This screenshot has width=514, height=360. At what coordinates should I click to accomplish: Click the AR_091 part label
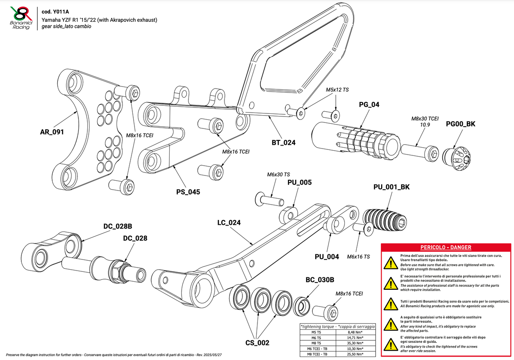click(x=51, y=132)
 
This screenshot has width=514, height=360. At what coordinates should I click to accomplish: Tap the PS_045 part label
click(x=188, y=192)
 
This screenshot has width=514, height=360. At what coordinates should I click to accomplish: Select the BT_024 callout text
click(x=284, y=143)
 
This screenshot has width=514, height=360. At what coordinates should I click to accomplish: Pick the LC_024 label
click(x=229, y=223)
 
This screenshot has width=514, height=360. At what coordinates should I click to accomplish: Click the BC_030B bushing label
click(x=320, y=280)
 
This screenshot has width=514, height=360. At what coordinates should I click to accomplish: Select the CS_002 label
click(x=257, y=343)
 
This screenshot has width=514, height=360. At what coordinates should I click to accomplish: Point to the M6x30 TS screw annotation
click(x=278, y=175)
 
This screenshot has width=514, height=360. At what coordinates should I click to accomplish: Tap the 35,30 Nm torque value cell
click(x=355, y=343)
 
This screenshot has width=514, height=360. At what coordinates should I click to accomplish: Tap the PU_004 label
click(x=327, y=257)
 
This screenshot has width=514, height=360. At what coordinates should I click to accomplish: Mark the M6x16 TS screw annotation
click(x=359, y=257)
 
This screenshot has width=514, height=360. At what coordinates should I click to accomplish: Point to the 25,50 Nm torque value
click(x=355, y=354)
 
